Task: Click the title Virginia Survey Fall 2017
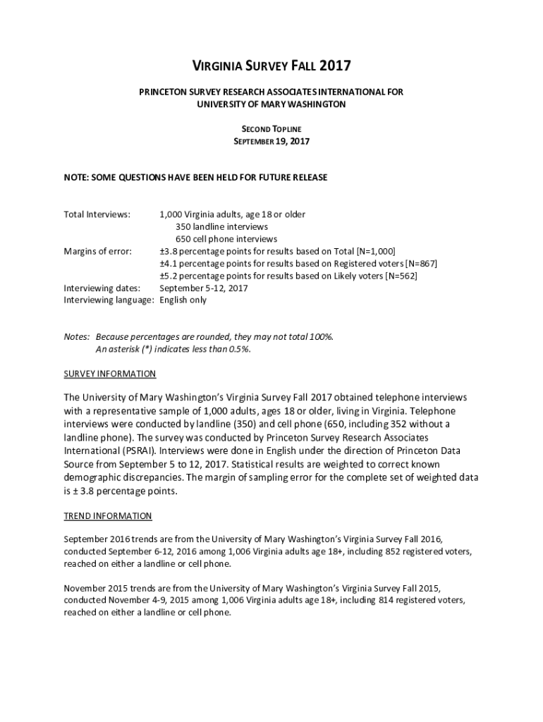[271, 67]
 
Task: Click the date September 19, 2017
[271, 141]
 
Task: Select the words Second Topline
[271, 129]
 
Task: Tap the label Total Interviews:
[97, 214]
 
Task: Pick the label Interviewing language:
[109, 300]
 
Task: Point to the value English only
[183, 300]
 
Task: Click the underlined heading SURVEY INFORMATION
[110, 374]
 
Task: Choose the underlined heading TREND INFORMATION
[108, 516]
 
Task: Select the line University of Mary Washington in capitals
[271, 104]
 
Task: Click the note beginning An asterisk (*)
[173, 349]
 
